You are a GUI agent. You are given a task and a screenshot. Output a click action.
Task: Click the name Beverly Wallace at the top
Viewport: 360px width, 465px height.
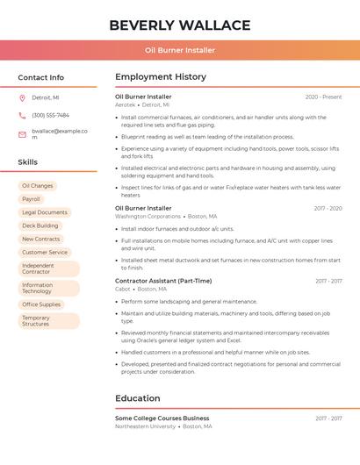(180, 25)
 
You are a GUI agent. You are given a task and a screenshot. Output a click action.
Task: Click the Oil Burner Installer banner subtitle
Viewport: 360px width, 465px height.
(180, 51)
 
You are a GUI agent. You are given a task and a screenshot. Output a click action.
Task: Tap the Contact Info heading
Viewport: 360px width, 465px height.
(41, 77)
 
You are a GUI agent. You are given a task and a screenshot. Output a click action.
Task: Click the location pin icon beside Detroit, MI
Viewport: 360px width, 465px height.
(23, 98)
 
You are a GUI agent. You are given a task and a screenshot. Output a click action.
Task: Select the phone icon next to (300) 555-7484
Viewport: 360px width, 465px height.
(23, 116)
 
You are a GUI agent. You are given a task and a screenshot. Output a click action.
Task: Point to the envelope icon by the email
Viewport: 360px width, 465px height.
(23, 134)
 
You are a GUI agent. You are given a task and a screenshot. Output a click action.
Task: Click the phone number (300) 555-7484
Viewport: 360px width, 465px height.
(50, 116)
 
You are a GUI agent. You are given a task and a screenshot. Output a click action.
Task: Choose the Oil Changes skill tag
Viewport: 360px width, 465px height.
(38, 186)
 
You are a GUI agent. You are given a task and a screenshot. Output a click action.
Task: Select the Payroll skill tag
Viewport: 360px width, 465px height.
(31, 199)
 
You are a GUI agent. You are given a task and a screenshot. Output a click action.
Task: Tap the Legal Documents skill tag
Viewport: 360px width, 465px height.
(45, 212)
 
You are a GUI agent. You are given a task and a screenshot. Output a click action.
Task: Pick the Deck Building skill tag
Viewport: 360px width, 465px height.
(40, 225)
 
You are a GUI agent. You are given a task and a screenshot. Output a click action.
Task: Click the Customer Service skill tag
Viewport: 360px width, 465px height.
(45, 252)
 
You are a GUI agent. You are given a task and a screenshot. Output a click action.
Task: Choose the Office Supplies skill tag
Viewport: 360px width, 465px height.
(41, 304)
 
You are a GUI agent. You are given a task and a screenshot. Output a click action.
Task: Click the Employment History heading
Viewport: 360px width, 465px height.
(161, 77)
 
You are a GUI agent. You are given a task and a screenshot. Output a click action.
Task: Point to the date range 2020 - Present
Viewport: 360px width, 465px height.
(323, 97)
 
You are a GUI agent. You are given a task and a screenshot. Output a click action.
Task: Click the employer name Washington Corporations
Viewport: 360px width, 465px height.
(148, 216)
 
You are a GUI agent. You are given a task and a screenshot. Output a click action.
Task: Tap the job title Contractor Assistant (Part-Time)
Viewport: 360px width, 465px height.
(163, 281)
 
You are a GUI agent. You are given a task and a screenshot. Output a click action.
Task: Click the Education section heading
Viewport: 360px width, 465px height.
(138, 398)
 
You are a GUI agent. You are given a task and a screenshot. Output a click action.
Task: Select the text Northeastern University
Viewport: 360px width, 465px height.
(145, 426)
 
